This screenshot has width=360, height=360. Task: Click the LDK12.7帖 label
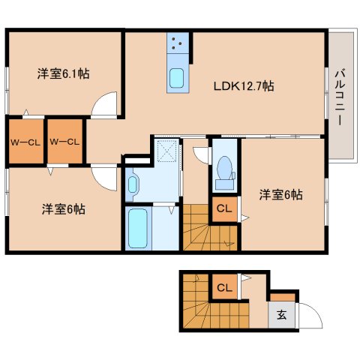(x=244, y=86)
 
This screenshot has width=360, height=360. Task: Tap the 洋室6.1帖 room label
(x=64, y=73)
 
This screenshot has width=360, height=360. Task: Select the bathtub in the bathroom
(x=137, y=229)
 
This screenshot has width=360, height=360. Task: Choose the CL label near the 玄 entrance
(x=223, y=286)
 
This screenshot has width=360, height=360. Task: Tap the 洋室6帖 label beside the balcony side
(x=282, y=194)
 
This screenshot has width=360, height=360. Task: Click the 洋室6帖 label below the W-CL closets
(x=63, y=208)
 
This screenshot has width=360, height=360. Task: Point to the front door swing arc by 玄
(x=309, y=318)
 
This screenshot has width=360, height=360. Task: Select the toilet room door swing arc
(x=200, y=154)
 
